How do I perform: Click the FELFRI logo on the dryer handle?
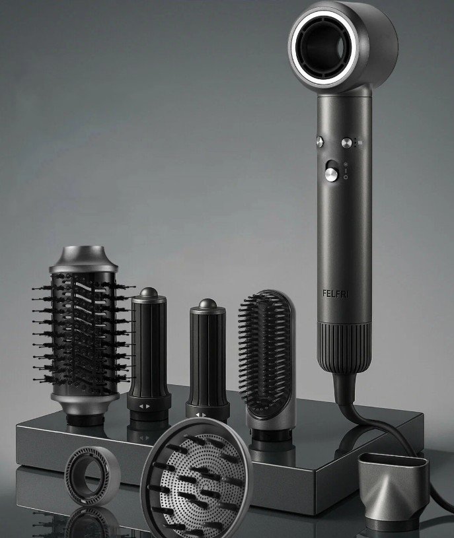pos(336,294)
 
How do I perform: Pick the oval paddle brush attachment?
pos(266,364)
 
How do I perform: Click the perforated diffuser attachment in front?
pos(196,479)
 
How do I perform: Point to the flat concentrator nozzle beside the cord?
pos(394,488)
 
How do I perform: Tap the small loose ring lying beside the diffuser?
pos(93,477)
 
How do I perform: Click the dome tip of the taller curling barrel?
pos(149,292)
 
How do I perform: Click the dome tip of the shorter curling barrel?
pos(208,304)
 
